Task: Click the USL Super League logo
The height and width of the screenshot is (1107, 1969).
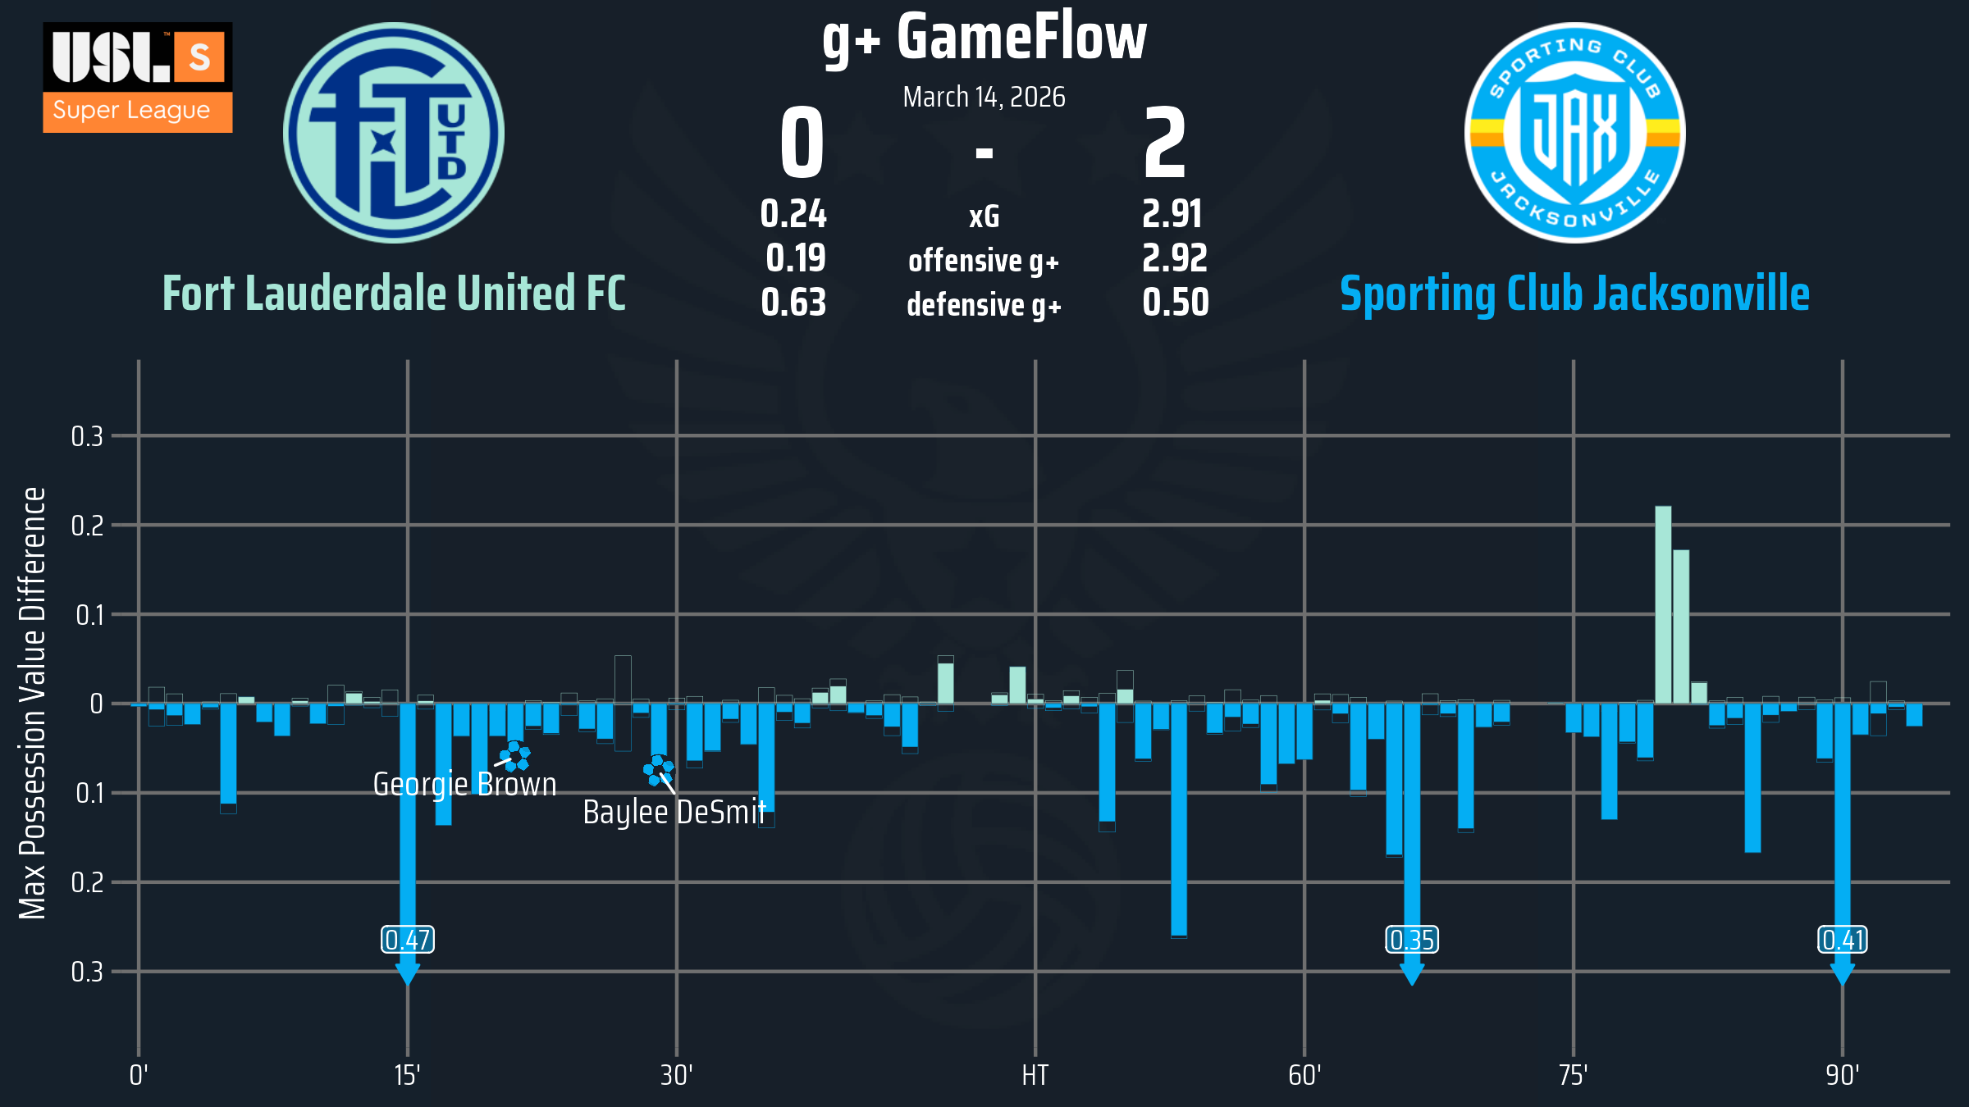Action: [138, 78]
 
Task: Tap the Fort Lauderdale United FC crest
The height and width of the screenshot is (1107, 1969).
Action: [394, 133]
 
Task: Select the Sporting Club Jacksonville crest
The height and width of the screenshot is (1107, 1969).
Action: [1574, 133]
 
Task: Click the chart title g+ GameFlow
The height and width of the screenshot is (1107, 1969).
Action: [984, 38]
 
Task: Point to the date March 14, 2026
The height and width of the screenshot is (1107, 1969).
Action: [984, 98]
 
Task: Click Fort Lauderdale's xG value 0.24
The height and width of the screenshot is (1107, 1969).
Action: [793, 215]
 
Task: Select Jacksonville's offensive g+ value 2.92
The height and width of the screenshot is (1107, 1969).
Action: [1174, 259]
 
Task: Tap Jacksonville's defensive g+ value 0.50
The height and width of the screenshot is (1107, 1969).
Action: [1175, 303]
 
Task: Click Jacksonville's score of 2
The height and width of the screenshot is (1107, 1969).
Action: [1165, 143]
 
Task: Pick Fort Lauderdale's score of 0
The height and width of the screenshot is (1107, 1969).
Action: [802, 143]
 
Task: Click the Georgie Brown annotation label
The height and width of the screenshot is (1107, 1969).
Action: [464, 785]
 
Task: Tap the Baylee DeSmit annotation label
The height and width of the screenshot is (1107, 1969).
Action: [674, 813]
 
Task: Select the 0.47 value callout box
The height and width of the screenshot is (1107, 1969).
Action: [408, 940]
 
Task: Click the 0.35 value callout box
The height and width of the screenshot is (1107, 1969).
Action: [1412, 940]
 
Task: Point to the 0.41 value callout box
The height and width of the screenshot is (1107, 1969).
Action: [1843, 940]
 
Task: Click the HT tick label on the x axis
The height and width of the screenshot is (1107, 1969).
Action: [1035, 1075]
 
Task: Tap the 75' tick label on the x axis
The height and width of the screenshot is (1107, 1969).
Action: [1573, 1075]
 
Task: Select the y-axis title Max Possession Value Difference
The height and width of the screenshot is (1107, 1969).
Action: [33, 703]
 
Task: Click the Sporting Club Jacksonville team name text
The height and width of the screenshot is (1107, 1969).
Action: [1574, 294]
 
